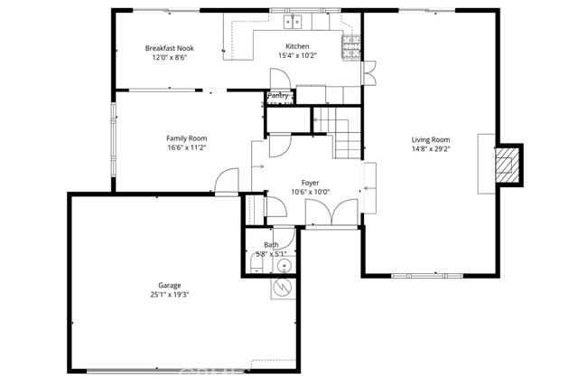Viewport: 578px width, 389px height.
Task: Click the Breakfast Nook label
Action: [x=171, y=47]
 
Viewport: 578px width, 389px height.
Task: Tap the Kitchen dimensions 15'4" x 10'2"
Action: [x=297, y=57]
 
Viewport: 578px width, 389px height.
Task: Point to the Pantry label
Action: [x=278, y=95]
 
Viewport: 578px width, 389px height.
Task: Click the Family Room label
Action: [x=186, y=138]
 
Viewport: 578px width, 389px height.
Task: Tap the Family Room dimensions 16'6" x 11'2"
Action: [x=186, y=148]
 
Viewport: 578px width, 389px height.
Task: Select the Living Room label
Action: [x=430, y=139]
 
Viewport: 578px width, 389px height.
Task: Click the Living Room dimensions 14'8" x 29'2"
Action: [x=430, y=149]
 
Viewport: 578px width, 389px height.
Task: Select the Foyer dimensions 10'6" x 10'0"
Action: [x=311, y=193]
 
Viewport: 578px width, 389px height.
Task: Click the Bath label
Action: [x=271, y=245]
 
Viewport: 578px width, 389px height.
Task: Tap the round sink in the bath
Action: [x=284, y=265]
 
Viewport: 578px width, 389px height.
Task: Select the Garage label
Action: [x=169, y=283]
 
